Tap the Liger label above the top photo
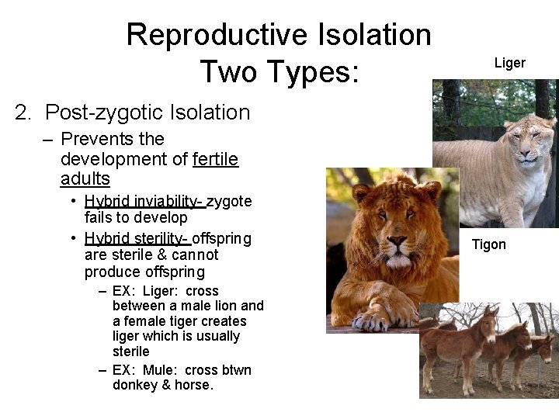510,63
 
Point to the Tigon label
489,244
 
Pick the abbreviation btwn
234,369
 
